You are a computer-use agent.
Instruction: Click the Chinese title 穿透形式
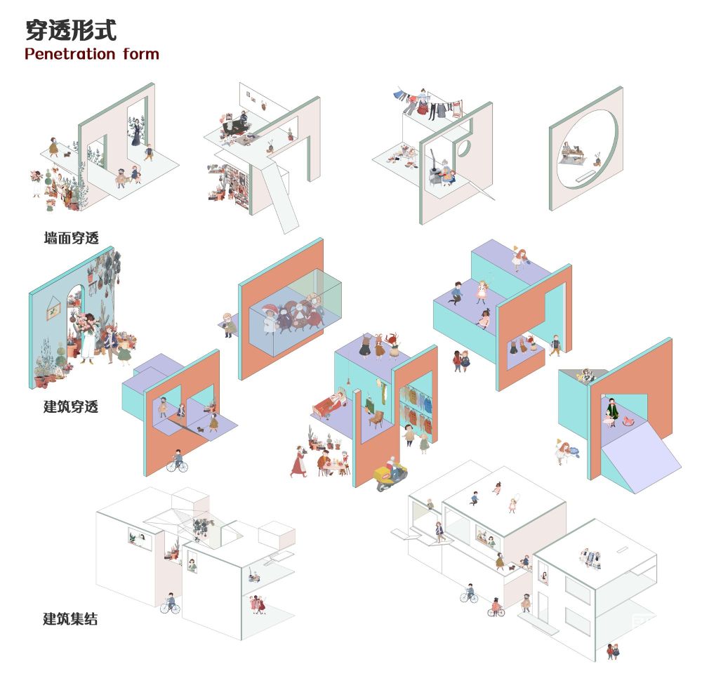pos(71,30)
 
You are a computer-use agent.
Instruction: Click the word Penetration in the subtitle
pos(69,54)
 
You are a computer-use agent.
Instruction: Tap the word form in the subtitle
pos(141,54)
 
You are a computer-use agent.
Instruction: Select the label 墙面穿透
pos(71,238)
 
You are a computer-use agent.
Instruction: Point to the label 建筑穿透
pos(71,406)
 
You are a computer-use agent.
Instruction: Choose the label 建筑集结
pos(70,619)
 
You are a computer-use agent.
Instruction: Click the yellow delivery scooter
pos(390,477)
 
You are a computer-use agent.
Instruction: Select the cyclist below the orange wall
pos(178,462)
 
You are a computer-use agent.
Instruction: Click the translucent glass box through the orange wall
pos(296,312)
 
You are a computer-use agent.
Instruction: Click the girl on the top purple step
pos(519,258)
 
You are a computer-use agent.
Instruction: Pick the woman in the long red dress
pos(298,462)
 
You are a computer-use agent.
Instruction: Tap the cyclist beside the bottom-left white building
pos(170,603)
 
